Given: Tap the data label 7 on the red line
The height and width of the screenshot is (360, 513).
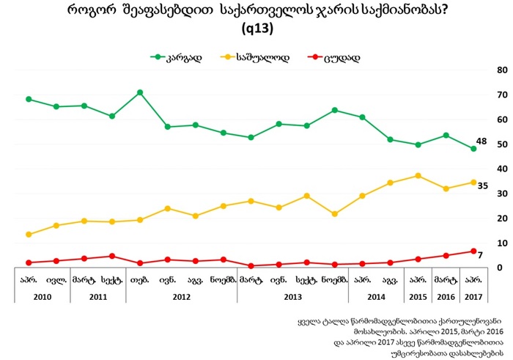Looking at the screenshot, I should click(x=481, y=255).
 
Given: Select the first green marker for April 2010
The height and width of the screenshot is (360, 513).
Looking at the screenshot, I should click(x=28, y=99).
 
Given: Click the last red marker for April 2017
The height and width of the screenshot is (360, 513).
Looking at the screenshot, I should click(x=473, y=251).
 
